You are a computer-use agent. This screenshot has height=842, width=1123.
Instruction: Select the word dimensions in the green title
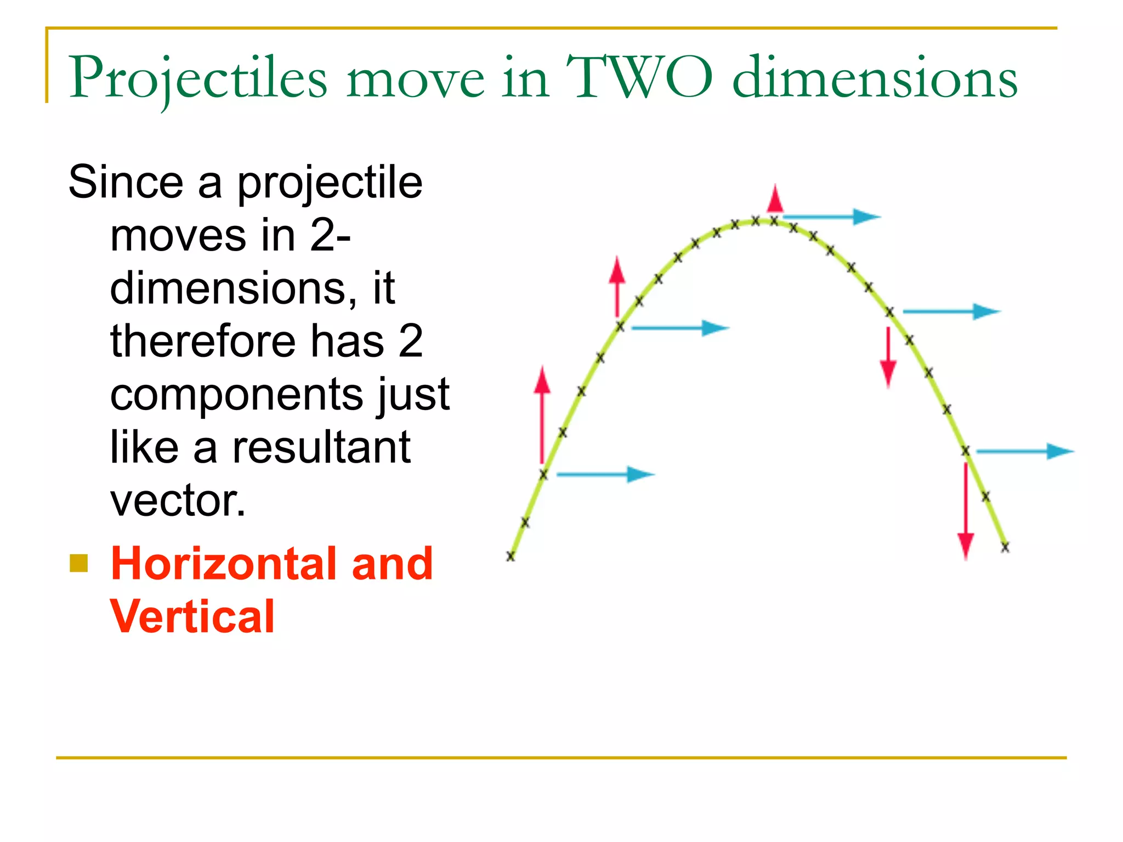(875, 78)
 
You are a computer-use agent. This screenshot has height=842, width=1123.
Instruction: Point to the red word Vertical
(192, 617)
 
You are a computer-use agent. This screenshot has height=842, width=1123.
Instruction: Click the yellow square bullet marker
(79, 564)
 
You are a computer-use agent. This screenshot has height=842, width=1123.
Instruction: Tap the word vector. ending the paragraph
(178, 500)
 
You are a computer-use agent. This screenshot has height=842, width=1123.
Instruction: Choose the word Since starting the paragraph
(126, 182)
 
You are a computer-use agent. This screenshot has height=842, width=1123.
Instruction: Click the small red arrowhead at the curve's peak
(775, 199)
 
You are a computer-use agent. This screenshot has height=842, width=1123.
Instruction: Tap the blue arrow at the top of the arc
(831, 217)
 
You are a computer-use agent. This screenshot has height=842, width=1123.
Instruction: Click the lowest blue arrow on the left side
(605, 474)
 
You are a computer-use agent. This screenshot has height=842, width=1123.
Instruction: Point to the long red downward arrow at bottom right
(966, 510)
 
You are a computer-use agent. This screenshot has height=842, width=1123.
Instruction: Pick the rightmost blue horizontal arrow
(1024, 452)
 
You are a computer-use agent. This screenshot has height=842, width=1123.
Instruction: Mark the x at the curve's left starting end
(511, 556)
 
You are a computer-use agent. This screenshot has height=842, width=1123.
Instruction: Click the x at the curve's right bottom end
(1005, 547)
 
